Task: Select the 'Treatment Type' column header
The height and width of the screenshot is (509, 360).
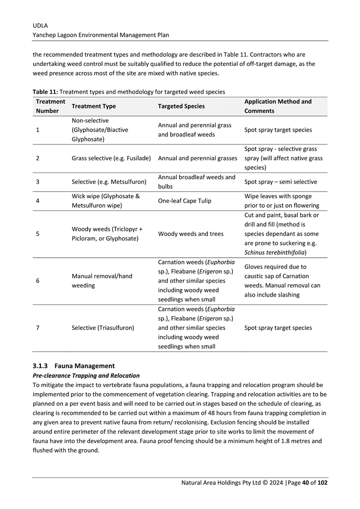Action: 93,106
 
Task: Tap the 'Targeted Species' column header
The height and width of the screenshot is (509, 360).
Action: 181,106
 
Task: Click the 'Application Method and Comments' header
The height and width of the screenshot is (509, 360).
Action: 278,106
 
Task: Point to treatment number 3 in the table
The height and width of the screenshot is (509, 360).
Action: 38,182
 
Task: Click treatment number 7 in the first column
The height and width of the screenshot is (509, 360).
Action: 38,328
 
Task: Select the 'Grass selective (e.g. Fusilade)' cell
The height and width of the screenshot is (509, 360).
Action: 111,158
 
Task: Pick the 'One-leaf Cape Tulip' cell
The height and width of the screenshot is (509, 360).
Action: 185,201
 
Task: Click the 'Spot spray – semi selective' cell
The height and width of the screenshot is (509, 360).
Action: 280,182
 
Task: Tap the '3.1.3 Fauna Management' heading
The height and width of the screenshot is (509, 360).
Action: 73,366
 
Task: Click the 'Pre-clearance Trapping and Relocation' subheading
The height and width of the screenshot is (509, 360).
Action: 85,375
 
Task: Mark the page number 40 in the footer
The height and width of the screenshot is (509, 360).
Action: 306,482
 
